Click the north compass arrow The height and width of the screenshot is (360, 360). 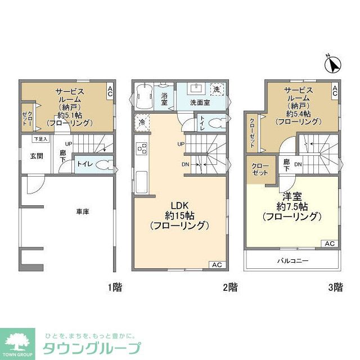coord(332,65)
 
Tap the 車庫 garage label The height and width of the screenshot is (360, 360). coord(83,212)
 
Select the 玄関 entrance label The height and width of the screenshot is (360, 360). coord(38,156)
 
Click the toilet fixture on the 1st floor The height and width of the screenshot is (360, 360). coord(102,164)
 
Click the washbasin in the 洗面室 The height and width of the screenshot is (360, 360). coord(197,89)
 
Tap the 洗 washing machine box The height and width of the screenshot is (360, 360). coord(217,89)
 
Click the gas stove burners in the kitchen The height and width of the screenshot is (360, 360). coord(142,149)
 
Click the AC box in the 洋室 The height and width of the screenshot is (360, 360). coord(330,244)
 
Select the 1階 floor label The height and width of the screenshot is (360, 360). coord(115,287)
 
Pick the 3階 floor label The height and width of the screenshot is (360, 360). coord(335,287)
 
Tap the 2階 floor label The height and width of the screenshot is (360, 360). coord(229,287)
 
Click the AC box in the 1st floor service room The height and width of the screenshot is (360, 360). coord(111,91)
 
